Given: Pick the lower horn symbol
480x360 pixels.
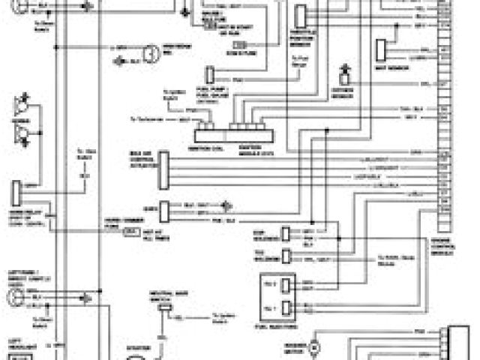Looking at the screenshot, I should (x=23, y=134).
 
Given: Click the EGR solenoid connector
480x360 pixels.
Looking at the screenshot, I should (x=286, y=232).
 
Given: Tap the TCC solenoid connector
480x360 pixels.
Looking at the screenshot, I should (x=286, y=256).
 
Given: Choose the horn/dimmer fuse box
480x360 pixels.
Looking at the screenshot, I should (x=132, y=233).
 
